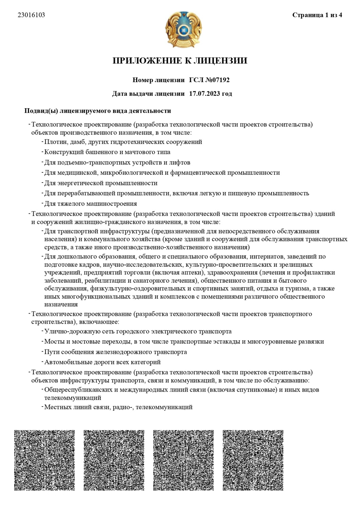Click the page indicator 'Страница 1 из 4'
point(317,15)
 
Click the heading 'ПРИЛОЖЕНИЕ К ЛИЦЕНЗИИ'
point(180,61)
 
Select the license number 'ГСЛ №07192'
point(209,80)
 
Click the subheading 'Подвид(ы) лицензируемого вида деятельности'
point(98,111)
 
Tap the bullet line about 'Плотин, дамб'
point(123,142)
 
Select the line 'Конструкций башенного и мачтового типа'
point(107,152)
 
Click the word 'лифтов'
point(180,163)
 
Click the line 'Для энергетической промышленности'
point(101,183)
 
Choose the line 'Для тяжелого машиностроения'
point(91,204)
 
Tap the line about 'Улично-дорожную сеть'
point(138,332)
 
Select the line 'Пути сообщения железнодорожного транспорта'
point(115,352)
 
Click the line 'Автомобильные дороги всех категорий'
point(102,362)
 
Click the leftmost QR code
point(44,460)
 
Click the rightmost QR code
point(253,460)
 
